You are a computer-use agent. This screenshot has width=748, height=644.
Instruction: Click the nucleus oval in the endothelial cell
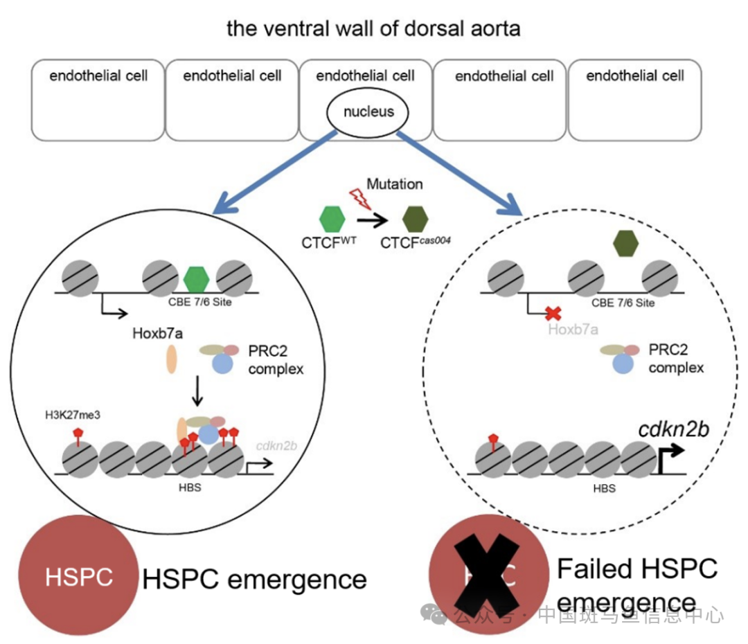(x=368, y=111)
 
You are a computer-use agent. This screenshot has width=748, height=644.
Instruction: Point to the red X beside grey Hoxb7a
(x=552, y=313)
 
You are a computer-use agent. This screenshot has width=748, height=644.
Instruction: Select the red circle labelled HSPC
(x=78, y=576)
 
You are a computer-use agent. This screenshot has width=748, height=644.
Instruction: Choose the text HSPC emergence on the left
(x=254, y=579)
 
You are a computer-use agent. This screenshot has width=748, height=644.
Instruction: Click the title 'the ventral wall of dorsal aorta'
(x=373, y=29)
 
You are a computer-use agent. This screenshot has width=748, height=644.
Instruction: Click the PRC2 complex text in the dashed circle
(x=676, y=359)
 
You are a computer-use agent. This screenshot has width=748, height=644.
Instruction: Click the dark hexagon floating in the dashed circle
(x=625, y=242)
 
